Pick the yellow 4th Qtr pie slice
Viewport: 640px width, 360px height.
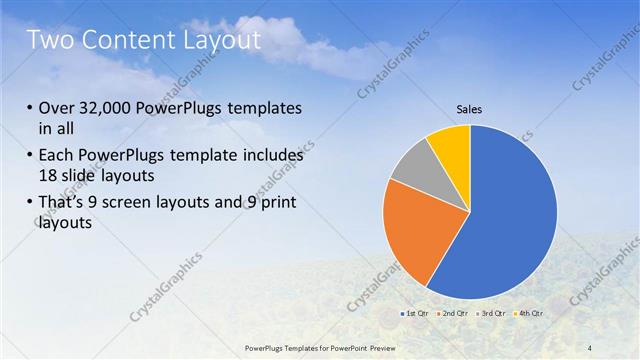point(451,146)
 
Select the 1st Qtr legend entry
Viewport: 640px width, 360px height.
point(416,314)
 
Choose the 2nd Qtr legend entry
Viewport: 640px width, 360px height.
point(455,314)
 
